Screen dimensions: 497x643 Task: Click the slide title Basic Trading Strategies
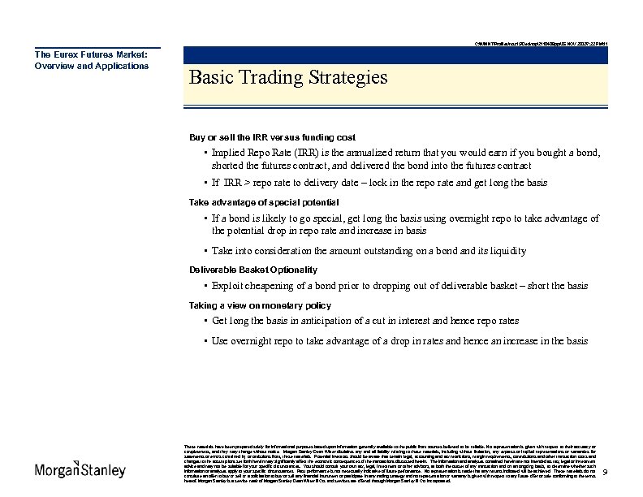(287, 78)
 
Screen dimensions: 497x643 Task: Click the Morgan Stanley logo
(80, 470)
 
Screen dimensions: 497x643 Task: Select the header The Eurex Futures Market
(90, 54)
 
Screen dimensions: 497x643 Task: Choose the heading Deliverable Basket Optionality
(252, 269)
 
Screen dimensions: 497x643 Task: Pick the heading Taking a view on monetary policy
(260, 305)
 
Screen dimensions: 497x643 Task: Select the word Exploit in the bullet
(228, 286)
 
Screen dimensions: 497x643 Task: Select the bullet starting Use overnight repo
(399, 341)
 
